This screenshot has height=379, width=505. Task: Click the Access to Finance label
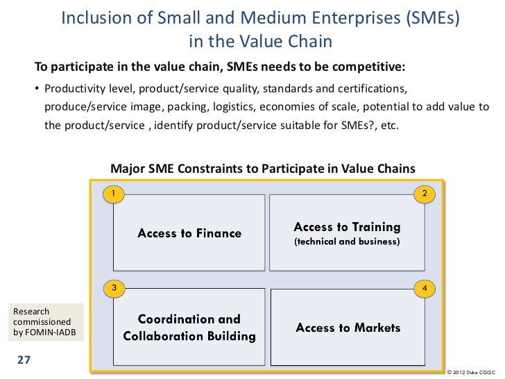[x=189, y=233]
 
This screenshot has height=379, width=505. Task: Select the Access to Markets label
[x=348, y=328]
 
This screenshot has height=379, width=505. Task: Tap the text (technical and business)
[x=347, y=242]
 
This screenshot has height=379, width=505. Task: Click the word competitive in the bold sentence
[x=366, y=67]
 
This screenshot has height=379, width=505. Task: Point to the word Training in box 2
[x=374, y=226]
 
